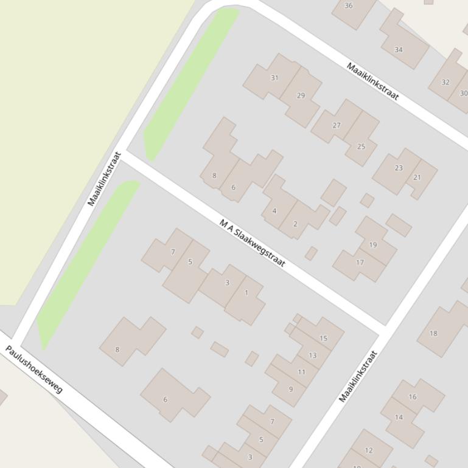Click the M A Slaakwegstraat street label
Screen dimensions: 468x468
point(252,243)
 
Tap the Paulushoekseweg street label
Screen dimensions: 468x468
point(34,369)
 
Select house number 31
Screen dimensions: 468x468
point(274,78)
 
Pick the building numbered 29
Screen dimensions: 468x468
point(301,95)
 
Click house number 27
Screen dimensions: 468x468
point(337,125)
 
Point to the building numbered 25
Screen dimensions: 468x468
point(361,146)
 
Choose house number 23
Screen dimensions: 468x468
point(399,168)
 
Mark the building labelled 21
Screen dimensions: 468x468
point(417,177)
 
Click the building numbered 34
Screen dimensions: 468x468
point(399,49)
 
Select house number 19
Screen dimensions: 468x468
point(372,244)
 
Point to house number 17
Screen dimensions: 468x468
point(360,263)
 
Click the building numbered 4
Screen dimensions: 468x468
point(274,211)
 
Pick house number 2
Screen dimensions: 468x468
point(295,224)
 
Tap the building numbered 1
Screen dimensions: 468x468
point(246,292)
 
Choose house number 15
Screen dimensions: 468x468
point(323,338)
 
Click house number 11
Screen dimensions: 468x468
point(301,372)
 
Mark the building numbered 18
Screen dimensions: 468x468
point(433,333)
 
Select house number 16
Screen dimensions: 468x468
point(413,396)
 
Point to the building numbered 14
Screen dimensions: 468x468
point(399,417)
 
